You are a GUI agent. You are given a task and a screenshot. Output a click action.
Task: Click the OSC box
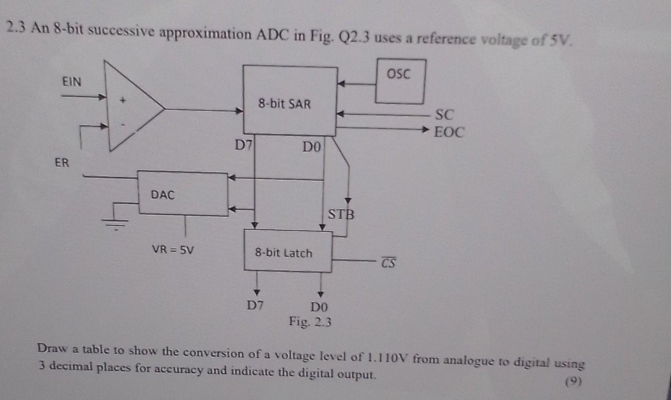point(400,81)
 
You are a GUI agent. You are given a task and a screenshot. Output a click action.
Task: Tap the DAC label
point(163,195)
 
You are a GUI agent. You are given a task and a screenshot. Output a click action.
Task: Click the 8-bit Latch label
point(283,253)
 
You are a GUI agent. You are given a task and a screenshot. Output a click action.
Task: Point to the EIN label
point(72,81)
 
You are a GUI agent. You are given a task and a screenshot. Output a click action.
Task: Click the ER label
point(62,162)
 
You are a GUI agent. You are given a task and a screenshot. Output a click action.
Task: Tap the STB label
point(341,214)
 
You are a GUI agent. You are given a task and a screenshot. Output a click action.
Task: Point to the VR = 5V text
point(173,250)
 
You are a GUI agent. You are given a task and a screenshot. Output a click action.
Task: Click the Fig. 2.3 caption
point(310,322)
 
